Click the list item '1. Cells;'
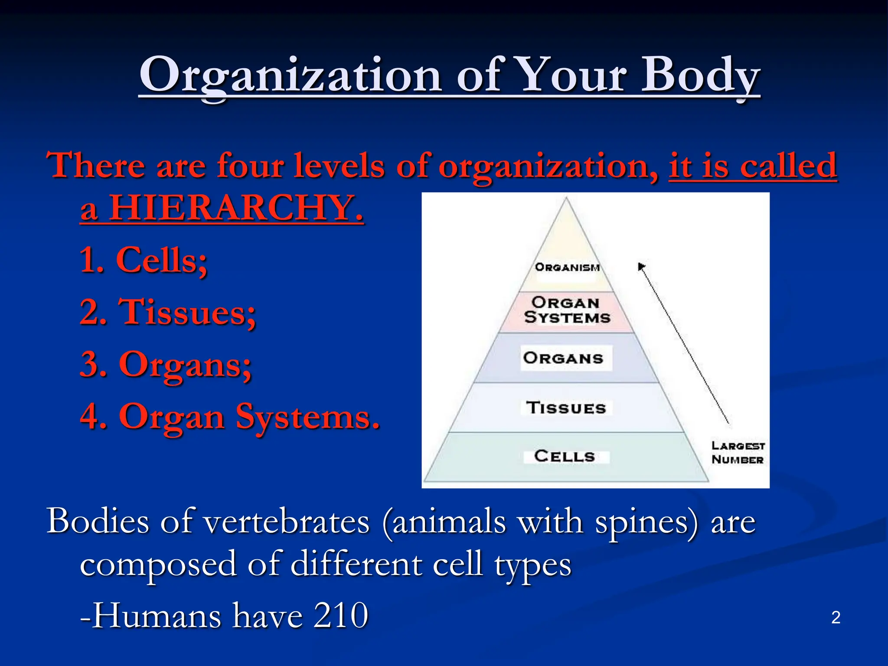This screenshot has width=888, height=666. tap(144, 260)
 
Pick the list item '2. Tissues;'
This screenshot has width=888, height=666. tap(168, 312)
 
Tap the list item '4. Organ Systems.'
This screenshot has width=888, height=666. tap(230, 417)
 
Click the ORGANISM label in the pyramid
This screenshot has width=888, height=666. tap(567, 267)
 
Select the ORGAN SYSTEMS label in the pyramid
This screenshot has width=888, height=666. tap(567, 310)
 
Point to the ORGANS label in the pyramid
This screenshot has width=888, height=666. tap(564, 358)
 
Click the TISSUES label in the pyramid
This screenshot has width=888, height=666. tap(566, 408)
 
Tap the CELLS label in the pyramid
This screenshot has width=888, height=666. tap(565, 456)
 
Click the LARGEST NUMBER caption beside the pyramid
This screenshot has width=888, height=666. tap(738, 453)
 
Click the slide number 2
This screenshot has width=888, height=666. tap(836, 617)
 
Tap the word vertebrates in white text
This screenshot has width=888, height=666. tap(287, 522)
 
